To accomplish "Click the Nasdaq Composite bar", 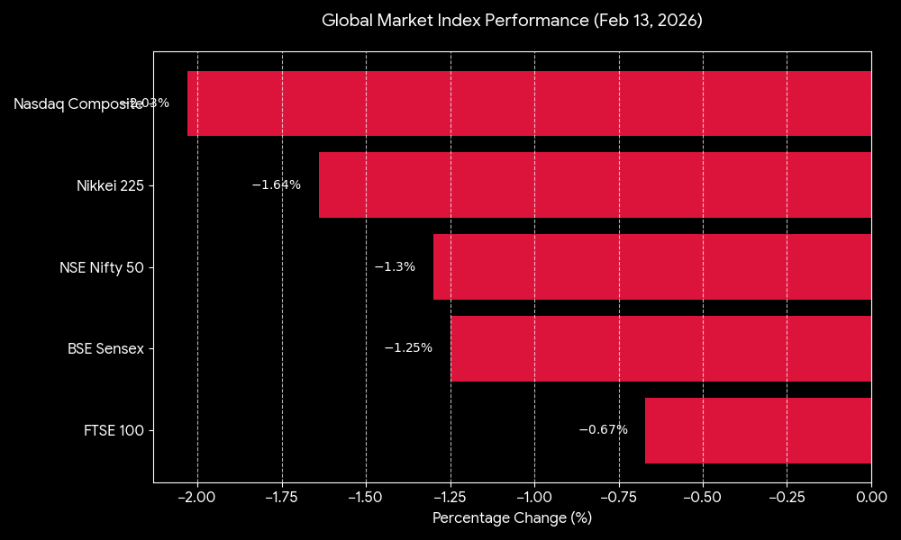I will [529, 103].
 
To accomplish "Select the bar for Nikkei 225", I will [595, 185].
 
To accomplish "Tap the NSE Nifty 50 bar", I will [652, 267].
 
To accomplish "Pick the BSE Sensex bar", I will [660, 349].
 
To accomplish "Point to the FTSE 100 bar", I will [758, 430].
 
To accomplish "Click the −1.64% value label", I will [276, 185].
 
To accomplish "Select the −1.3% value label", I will [395, 267].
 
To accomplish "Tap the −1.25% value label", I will [408, 348].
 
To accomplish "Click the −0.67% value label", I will [603, 430].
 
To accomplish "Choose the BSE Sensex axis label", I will [105, 349].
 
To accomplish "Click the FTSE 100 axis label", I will [113, 431].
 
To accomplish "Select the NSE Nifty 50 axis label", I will [101, 268].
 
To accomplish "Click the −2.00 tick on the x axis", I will [197, 497].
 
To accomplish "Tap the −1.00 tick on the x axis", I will [534, 497].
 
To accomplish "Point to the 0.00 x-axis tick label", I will [871, 497].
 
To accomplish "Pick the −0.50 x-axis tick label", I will [703, 497].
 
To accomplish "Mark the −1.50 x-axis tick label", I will [366, 497].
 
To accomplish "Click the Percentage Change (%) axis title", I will [512, 518].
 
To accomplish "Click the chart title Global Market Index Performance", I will [512, 20].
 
